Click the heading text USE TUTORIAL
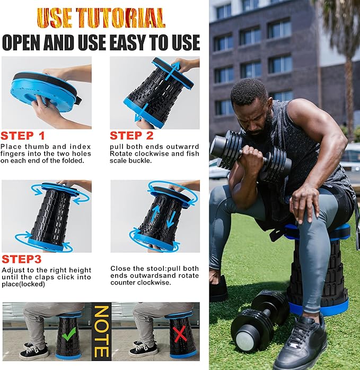[x=101, y=18]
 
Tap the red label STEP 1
[x=23, y=136]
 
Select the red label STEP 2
[x=131, y=136]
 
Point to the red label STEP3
[x=21, y=259]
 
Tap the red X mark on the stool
[x=180, y=334]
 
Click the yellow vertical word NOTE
[x=102, y=332]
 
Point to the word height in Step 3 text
[x=80, y=270]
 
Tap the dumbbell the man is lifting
[x=250, y=154]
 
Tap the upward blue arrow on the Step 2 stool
[x=173, y=71]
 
